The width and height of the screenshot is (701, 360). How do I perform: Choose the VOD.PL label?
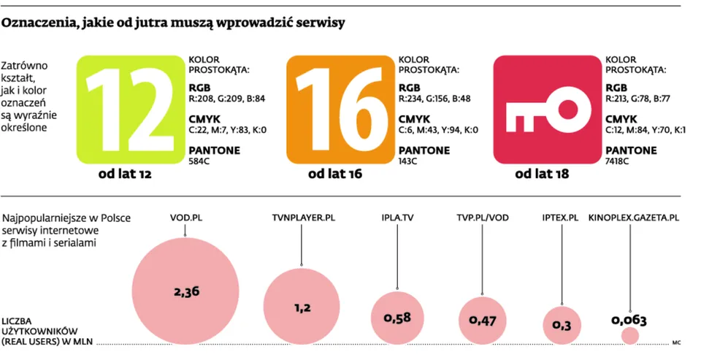coord(185,218)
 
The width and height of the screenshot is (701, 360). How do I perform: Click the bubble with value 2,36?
coord(186,291)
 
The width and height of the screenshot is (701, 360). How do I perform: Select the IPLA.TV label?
coord(397,218)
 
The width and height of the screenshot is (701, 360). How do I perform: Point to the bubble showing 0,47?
coord(483,320)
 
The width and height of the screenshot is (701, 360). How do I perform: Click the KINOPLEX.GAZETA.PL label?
coord(634,218)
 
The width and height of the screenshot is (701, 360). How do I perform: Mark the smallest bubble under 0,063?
coord(629,335)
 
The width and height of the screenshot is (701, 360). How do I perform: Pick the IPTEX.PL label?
coord(561,218)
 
